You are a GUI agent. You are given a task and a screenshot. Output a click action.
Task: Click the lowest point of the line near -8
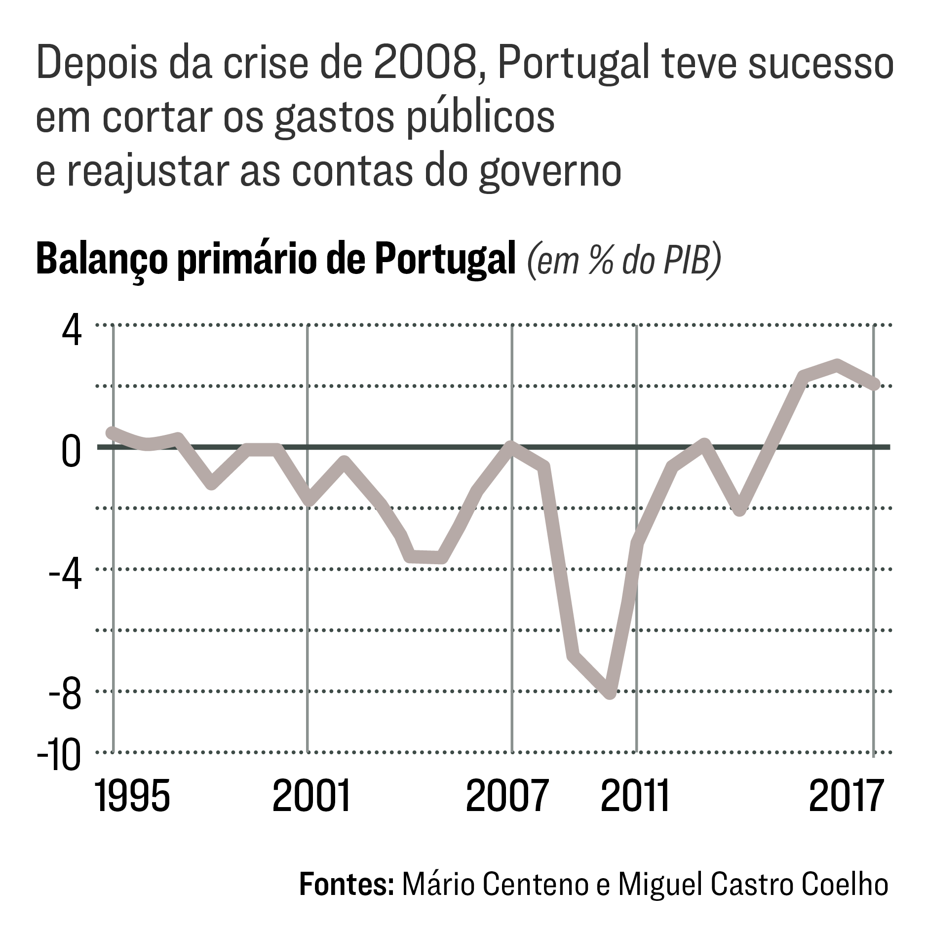(x=610, y=693)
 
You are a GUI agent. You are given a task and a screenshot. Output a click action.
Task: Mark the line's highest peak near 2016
(x=837, y=365)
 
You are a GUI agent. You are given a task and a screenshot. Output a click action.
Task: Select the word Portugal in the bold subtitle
(x=445, y=260)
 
